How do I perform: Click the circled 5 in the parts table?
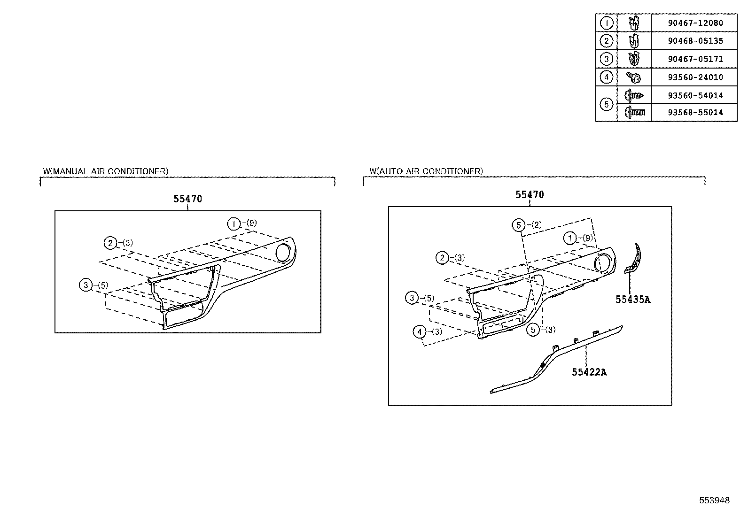(x=606, y=104)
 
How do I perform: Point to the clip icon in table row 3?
(x=634, y=59)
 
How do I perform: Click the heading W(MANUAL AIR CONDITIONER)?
(x=106, y=171)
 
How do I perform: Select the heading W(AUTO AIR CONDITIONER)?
(x=426, y=171)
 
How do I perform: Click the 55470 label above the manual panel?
(x=187, y=199)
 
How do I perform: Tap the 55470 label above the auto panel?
(x=530, y=195)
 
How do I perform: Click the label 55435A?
(x=633, y=300)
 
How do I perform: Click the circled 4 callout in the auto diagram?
(x=420, y=332)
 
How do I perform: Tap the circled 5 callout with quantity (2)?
(x=518, y=225)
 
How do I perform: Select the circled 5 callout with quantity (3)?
(x=533, y=330)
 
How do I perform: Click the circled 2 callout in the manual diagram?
(x=110, y=243)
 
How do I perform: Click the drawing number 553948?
(x=714, y=501)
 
